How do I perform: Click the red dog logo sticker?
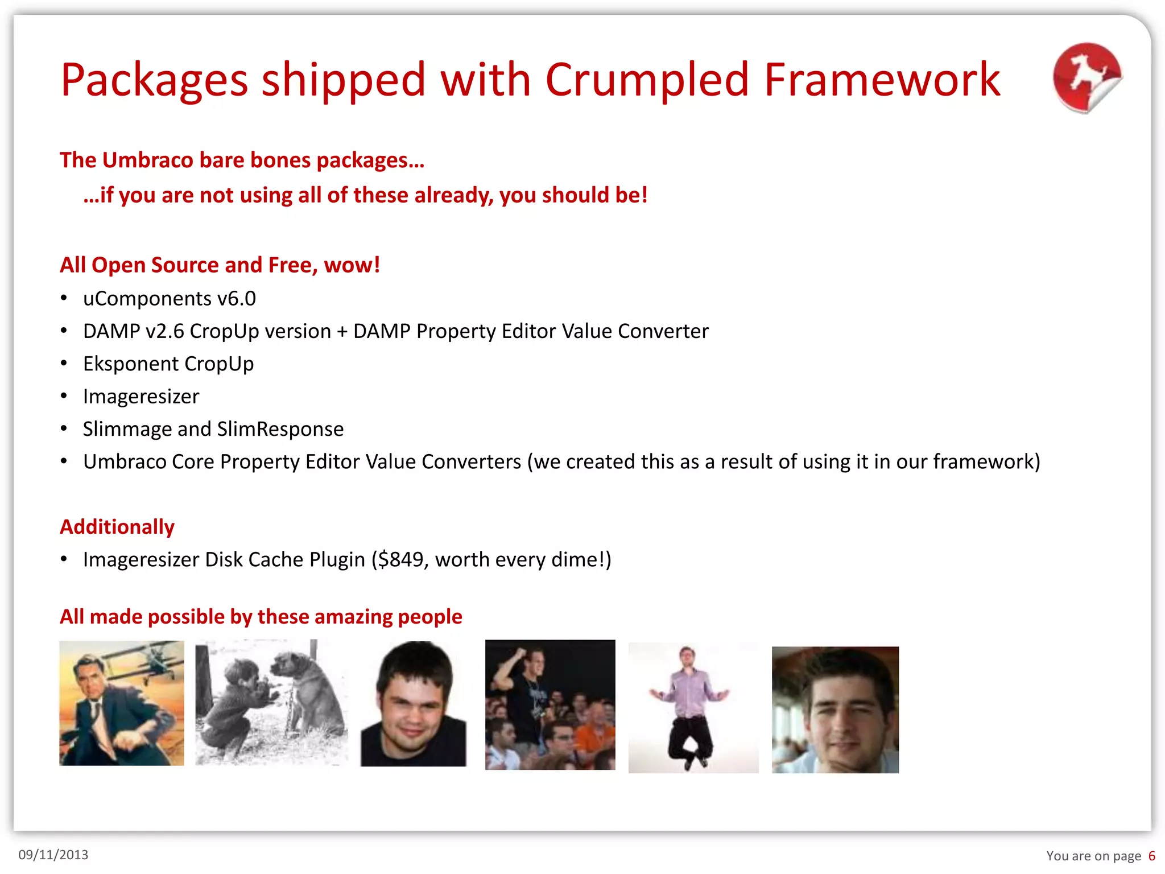point(1086,77)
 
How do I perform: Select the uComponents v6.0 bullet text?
point(170,299)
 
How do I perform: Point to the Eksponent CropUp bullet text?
point(168,364)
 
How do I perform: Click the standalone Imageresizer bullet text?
point(141,397)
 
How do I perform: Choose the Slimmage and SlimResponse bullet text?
point(213,429)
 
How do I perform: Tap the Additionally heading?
point(117,527)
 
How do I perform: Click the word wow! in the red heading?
point(352,265)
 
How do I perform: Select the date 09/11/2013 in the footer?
point(53,855)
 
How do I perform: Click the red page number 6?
point(1151,856)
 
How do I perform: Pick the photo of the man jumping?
point(693,707)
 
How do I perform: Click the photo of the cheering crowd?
point(550,704)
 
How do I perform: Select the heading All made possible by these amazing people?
point(261,617)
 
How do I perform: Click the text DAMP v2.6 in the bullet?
point(134,331)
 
